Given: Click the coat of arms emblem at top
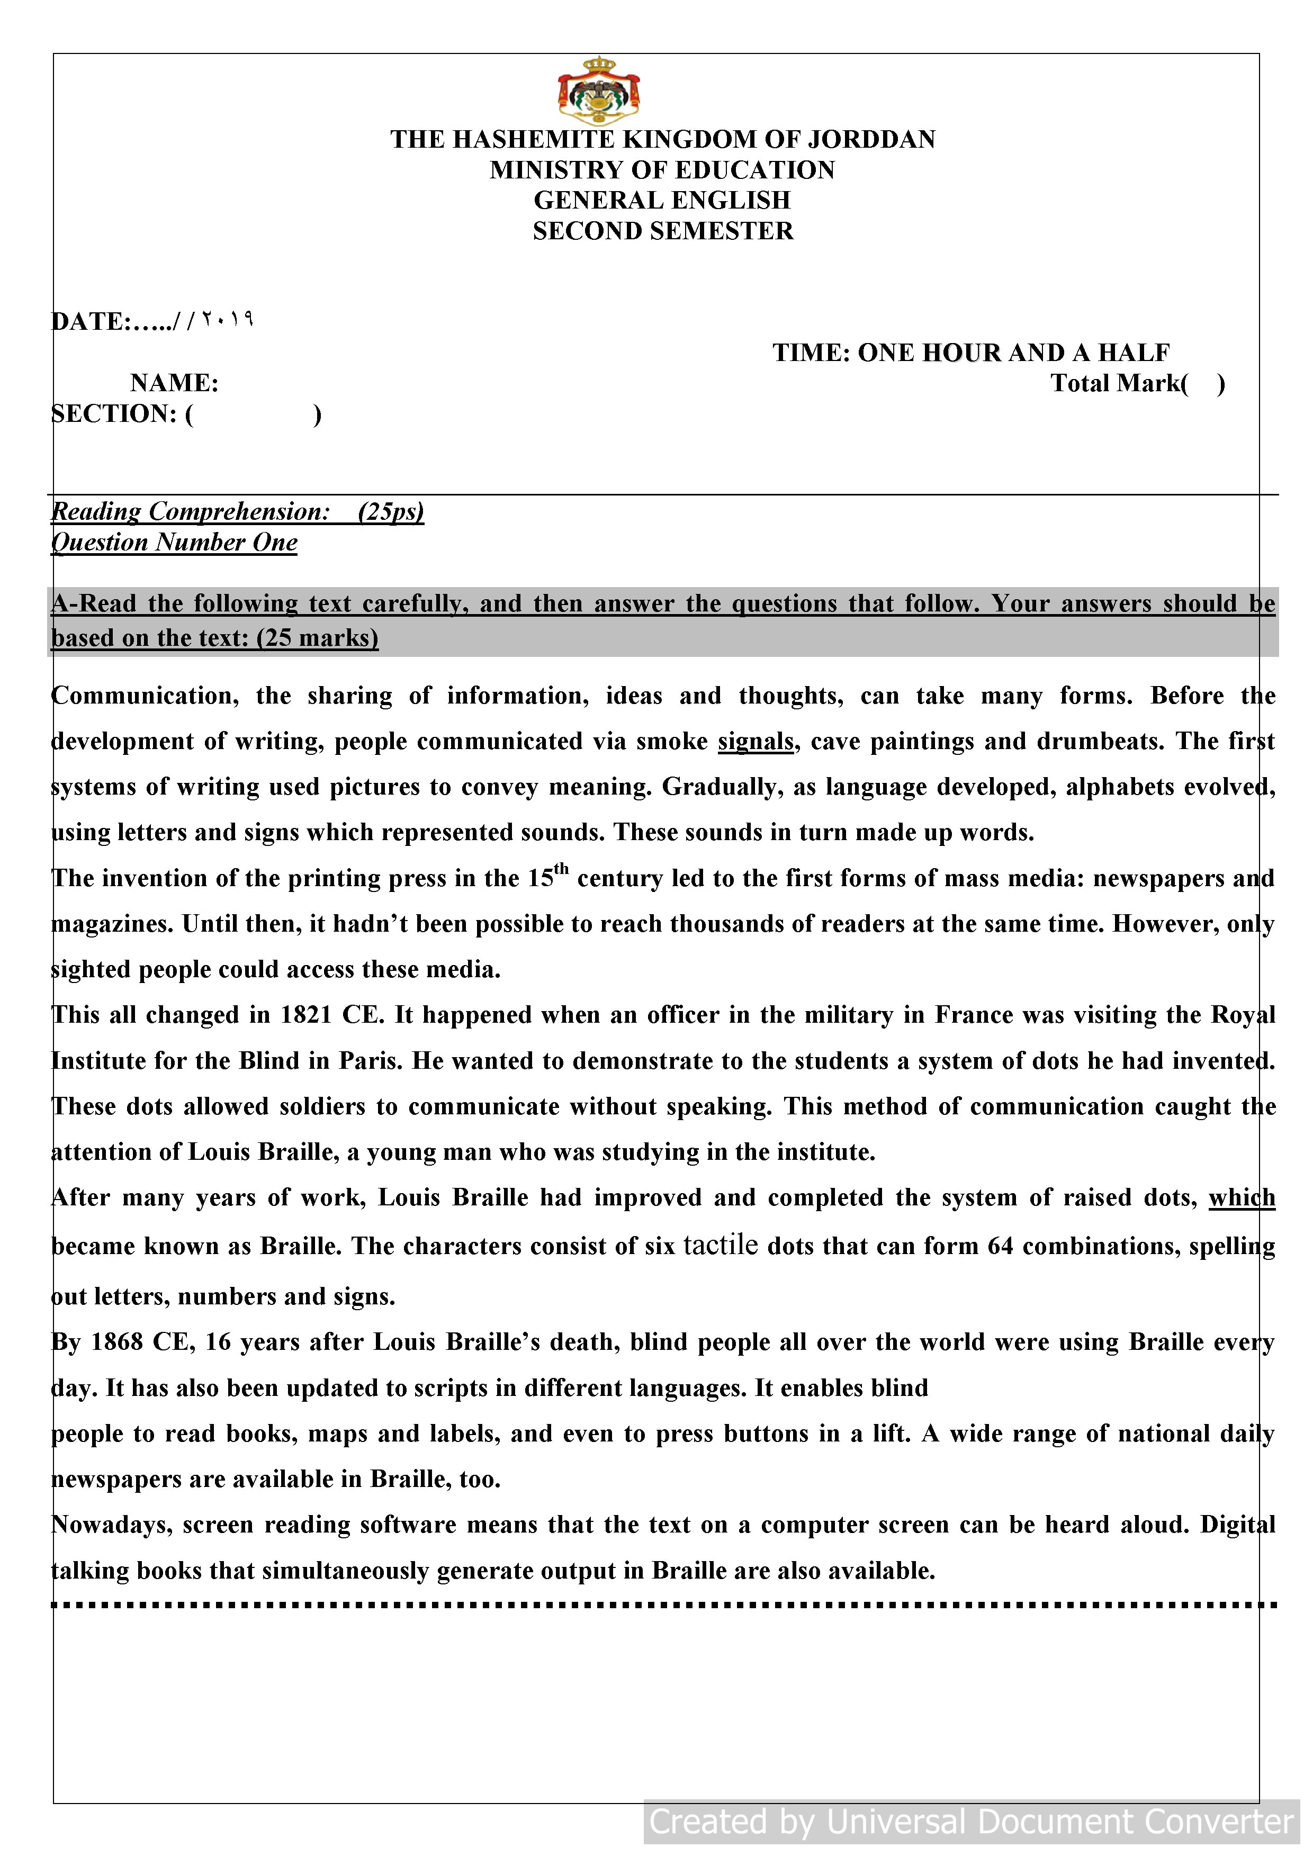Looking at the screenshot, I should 599,91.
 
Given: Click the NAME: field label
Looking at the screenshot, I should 174,383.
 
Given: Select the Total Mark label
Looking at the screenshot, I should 1119,383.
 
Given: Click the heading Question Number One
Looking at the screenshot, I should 175,543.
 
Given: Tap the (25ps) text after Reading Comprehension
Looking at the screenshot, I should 391,512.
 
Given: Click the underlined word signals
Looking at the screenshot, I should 756,742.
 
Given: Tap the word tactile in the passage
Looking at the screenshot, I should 720,1244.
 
